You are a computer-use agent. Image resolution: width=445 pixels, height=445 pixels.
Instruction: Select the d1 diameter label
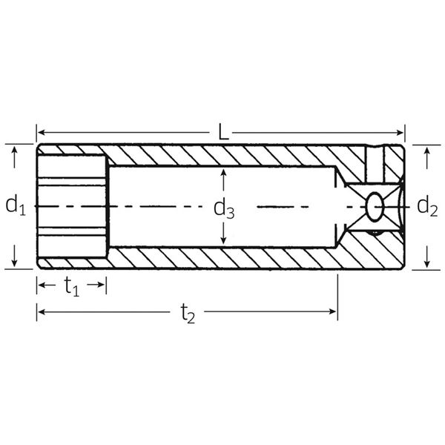click(x=16, y=205)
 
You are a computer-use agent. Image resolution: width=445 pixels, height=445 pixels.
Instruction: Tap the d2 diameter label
click(x=427, y=205)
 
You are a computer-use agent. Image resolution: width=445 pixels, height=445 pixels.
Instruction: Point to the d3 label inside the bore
click(x=224, y=208)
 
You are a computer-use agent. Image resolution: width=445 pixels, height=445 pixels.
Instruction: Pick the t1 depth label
click(x=72, y=287)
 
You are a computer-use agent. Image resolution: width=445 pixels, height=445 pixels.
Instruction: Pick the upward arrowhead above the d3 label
click(x=224, y=174)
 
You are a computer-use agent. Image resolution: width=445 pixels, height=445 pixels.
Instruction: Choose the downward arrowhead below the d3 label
click(x=224, y=240)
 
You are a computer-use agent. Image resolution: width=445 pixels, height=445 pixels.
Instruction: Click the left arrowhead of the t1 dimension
click(x=42, y=284)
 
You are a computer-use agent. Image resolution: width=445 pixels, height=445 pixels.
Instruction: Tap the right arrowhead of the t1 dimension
click(x=102, y=284)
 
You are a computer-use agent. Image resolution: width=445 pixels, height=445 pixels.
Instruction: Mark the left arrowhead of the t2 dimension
click(x=42, y=311)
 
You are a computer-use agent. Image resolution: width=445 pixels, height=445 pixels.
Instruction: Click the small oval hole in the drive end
click(x=375, y=206)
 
